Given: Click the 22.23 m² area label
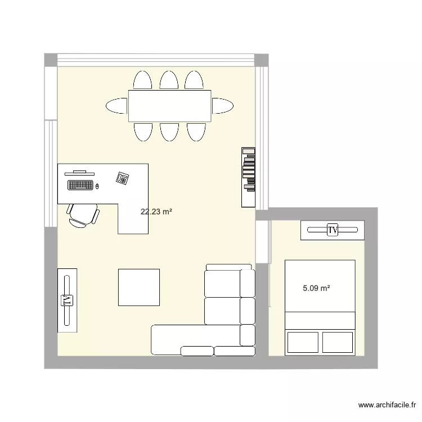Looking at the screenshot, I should click(x=156, y=212).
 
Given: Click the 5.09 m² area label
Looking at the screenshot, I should click(x=316, y=288).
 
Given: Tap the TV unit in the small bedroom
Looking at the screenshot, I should click(x=332, y=230).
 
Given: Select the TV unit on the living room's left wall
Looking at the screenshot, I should click(x=68, y=300).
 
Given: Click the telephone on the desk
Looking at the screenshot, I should click(x=122, y=178).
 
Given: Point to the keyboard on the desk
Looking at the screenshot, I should click(x=80, y=185).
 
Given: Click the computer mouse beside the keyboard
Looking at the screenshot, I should click(x=97, y=186).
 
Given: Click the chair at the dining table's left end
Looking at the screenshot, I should click(x=116, y=105).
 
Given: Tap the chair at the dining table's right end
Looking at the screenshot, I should click(x=223, y=105).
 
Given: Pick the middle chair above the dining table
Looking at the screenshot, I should click(x=169, y=80).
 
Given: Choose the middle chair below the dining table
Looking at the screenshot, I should click(x=169, y=132).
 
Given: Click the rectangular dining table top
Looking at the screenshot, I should click(x=169, y=105).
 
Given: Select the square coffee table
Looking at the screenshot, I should click(x=138, y=287).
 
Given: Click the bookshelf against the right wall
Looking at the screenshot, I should click(x=248, y=177).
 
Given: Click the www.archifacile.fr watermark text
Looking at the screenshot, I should click(x=387, y=405).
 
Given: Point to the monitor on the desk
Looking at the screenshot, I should click(x=80, y=172).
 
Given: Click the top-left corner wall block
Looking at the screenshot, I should click(x=51, y=60).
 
